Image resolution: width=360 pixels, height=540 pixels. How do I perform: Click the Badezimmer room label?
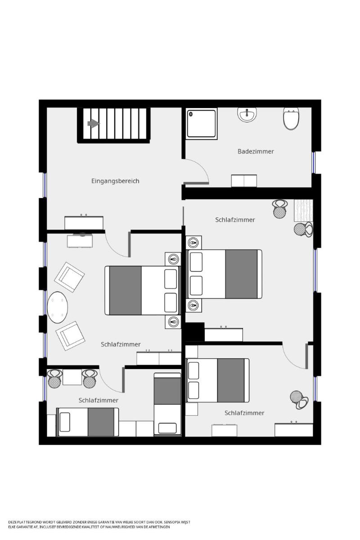tap(256, 151)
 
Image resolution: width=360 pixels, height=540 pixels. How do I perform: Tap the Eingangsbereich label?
tap(115, 181)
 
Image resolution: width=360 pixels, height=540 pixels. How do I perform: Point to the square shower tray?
tap(202, 123)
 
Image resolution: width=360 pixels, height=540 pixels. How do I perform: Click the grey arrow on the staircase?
tap(93, 123)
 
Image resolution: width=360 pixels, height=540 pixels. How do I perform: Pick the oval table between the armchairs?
tap(58, 308)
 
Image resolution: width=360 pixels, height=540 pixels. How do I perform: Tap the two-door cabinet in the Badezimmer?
tap(244, 181)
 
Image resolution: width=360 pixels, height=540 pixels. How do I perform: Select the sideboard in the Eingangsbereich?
tap(84, 223)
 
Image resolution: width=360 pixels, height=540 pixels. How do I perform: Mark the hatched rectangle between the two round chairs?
tap(303, 211)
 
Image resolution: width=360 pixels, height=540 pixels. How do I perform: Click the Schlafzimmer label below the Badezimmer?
tap(235, 220)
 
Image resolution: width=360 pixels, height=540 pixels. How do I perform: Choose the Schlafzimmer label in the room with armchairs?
tap(121, 344)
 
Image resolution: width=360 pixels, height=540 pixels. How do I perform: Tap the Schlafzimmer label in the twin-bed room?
tap(99, 400)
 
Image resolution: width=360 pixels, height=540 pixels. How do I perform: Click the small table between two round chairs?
tap(72, 377)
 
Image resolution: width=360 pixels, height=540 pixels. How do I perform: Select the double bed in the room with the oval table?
tap(142, 290)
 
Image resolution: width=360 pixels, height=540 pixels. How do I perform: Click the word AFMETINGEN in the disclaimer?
tap(159, 526)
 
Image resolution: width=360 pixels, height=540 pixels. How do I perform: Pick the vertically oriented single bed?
tap(167, 404)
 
